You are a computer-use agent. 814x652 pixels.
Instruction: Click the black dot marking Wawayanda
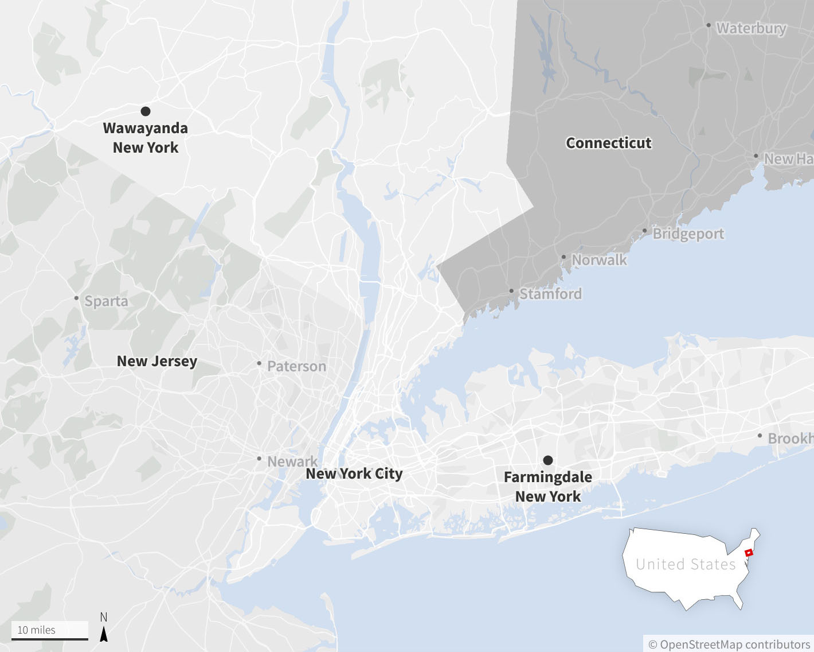146,111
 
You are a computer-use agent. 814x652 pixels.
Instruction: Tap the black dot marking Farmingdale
548,460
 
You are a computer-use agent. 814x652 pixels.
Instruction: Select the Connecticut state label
608,143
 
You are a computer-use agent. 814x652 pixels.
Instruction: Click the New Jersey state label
156,361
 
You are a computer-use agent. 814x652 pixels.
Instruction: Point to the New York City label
354,474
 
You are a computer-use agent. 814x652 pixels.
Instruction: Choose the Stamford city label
550,294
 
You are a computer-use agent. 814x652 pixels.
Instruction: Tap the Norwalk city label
599,260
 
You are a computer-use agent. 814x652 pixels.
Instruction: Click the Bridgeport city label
688,234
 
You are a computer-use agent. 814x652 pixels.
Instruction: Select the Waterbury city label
751,28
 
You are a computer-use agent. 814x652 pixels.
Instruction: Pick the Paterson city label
296,366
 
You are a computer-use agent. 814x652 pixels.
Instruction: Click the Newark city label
292,461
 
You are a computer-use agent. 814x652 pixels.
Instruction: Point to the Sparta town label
106,301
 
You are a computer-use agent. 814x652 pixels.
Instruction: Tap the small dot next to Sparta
76,298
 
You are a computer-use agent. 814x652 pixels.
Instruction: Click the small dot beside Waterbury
709,25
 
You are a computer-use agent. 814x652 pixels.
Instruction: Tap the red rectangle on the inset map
748,553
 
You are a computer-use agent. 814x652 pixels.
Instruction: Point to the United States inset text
686,564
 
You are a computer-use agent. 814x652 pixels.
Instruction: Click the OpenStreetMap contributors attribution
729,645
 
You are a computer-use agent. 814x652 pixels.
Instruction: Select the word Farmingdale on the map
547,477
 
